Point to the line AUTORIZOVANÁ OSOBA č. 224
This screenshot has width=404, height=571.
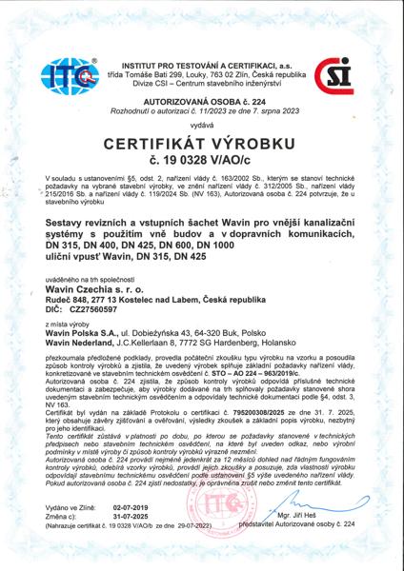click(x=202, y=98)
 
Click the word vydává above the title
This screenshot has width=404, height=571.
click(x=202, y=124)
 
